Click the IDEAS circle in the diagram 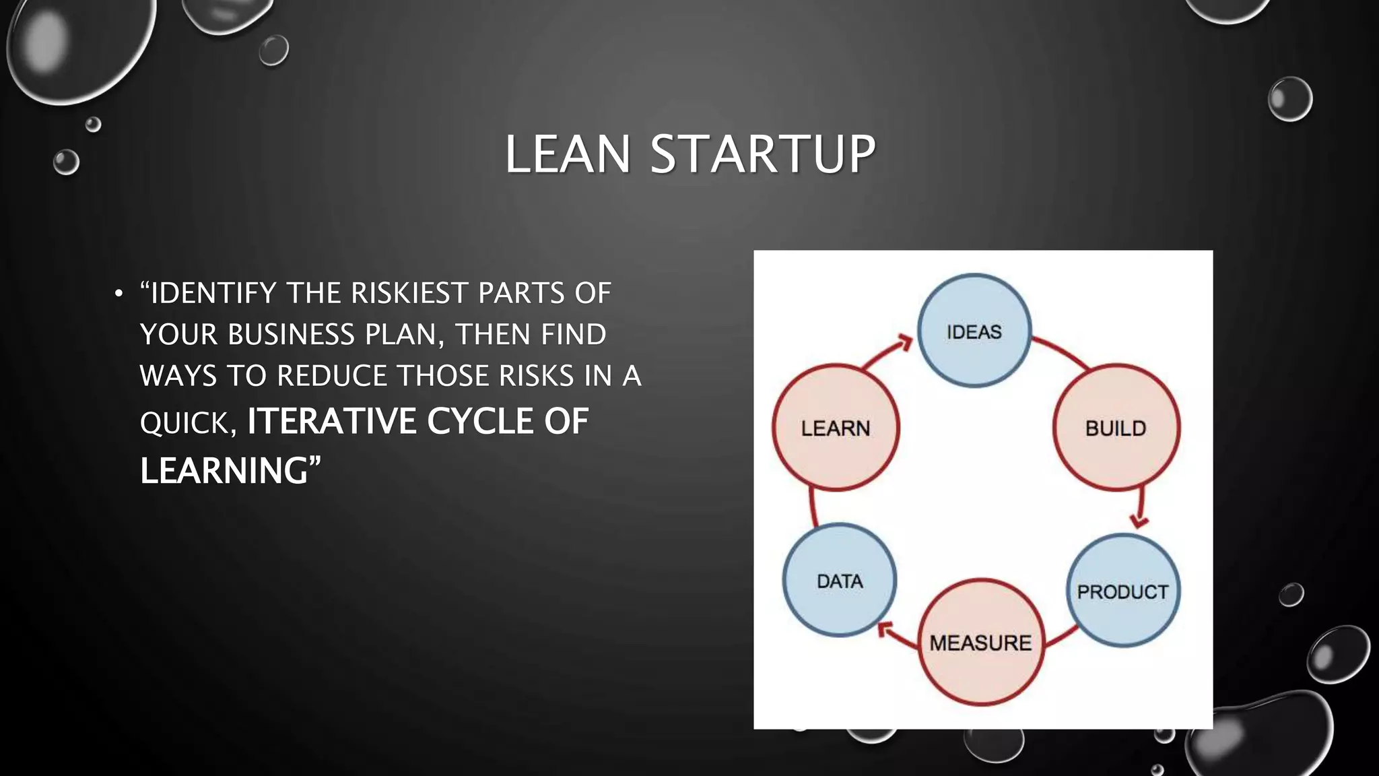974,331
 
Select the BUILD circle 1116,428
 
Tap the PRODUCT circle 1122,591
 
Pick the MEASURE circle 980,642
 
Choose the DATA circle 840,580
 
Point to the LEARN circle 836,428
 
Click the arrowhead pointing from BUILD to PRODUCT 1139,520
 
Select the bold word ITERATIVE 331,422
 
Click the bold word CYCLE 479,422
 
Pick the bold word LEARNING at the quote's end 224,470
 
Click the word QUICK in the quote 185,424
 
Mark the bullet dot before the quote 119,294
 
